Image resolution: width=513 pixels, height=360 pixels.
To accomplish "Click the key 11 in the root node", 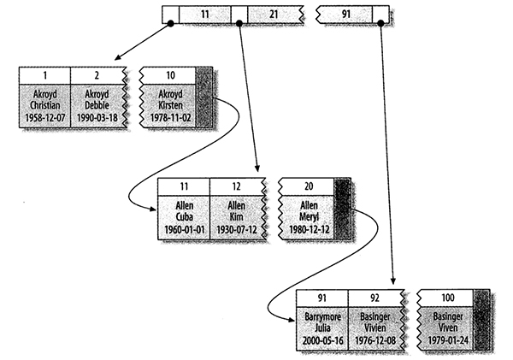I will tap(213, 15).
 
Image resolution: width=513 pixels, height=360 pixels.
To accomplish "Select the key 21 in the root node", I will tap(272, 15).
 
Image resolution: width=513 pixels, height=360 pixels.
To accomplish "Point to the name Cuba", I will tap(184, 217).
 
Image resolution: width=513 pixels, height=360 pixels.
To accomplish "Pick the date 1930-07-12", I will tap(238, 229).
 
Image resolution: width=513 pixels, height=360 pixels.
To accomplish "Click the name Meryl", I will tap(308, 217).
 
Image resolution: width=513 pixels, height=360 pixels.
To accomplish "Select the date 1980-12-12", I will tap(308, 229).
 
